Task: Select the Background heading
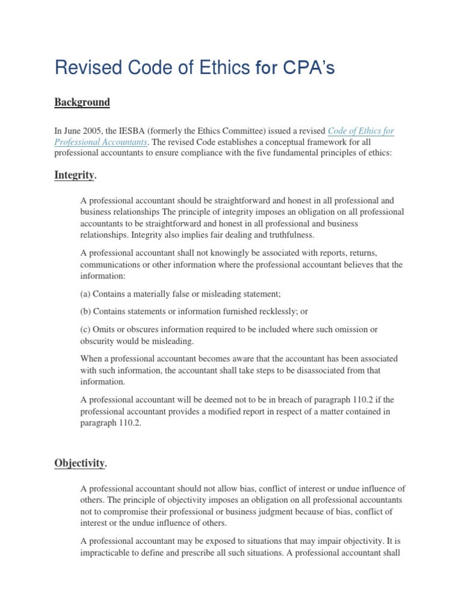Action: pos(82,102)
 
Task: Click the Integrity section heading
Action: pos(75,175)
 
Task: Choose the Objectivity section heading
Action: pos(80,463)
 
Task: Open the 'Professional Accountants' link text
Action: pos(100,142)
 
